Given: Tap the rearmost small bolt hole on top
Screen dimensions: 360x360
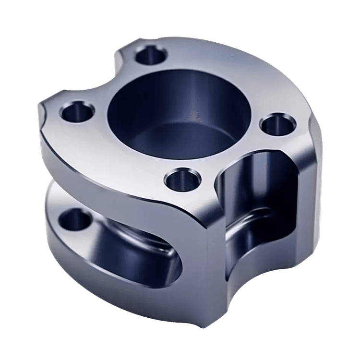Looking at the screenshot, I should coord(151,57).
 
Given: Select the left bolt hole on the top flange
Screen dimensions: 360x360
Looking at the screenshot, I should coord(76,114).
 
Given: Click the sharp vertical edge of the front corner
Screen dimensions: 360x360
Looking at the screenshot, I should coord(207,269).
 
